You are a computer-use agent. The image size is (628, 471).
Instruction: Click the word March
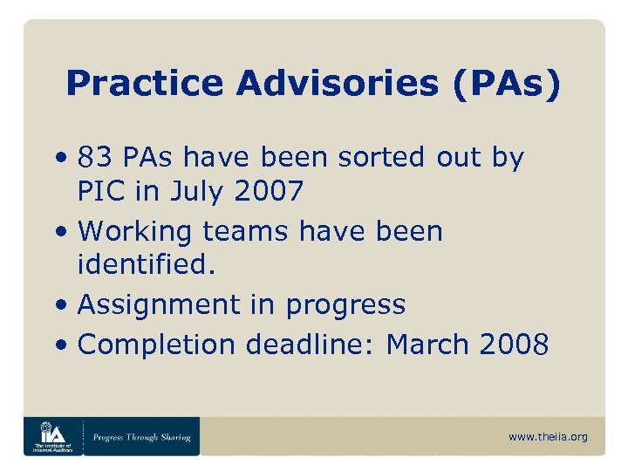pyautogui.click(x=428, y=345)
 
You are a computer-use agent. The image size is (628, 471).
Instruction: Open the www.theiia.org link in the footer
pyautogui.click(x=549, y=437)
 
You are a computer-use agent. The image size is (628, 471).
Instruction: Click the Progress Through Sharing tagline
pyautogui.click(x=141, y=437)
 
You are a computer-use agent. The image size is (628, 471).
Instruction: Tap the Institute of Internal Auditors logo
pyautogui.click(x=52, y=435)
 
